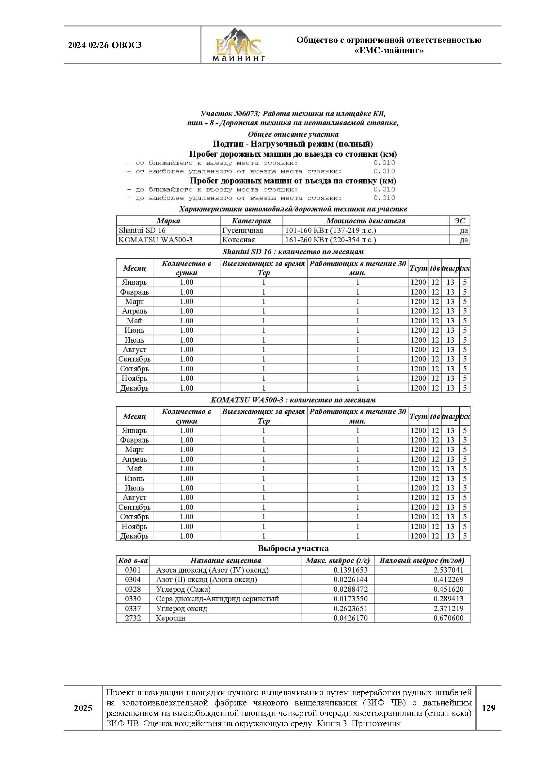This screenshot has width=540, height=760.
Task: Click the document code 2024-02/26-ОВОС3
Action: click(105, 45)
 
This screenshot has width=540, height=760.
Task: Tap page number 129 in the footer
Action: click(488, 708)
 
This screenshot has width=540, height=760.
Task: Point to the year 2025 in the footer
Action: click(83, 708)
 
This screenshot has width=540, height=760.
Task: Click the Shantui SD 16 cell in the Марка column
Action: click(142, 230)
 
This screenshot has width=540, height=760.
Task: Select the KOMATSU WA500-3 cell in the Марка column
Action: click(156, 240)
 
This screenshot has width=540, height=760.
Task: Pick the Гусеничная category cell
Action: click(242, 230)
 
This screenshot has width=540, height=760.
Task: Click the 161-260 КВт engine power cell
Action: click(330, 240)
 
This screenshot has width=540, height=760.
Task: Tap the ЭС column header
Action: click(460, 220)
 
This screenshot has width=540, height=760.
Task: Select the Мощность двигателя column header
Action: click(365, 220)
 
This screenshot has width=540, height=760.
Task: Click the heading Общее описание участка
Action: click(293, 134)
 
